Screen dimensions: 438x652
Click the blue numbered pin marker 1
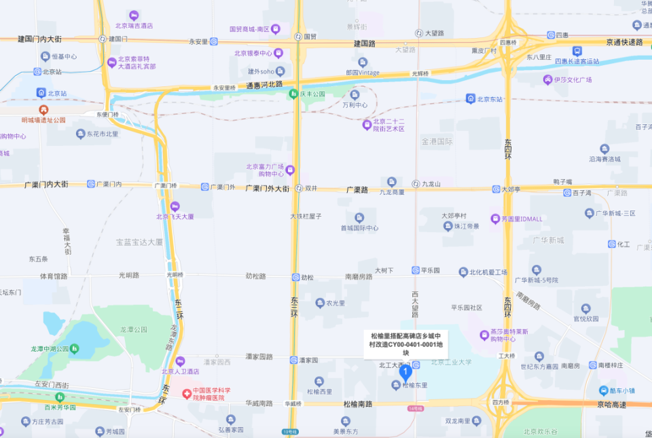(405, 371)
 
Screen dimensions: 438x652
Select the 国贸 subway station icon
(297, 36)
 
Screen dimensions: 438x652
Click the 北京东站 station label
(490, 99)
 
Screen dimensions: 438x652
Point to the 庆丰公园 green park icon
(293, 93)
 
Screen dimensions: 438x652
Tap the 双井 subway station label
(311, 188)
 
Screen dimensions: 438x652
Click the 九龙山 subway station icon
(416, 183)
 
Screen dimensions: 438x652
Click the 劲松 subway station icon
(295, 277)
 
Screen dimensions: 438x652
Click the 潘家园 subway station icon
(293, 359)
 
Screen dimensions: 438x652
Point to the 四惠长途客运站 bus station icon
(577, 50)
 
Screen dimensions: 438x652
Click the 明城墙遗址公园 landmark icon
(43, 109)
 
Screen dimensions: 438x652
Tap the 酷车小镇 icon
(604, 390)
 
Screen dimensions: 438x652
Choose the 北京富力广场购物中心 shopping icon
(290, 170)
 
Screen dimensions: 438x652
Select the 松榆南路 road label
(357, 404)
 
